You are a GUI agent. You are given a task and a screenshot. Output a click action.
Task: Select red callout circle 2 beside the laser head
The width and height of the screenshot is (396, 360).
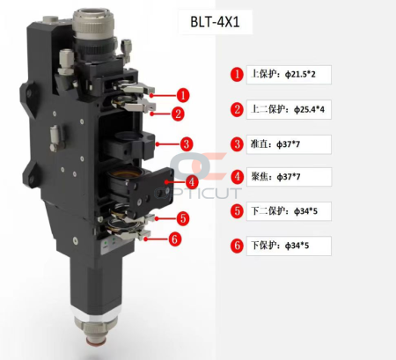pos(178,114)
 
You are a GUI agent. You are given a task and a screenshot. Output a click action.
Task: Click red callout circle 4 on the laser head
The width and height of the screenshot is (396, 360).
pos(190,182)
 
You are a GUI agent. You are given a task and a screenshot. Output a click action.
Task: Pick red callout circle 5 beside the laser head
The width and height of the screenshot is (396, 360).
pos(181,217)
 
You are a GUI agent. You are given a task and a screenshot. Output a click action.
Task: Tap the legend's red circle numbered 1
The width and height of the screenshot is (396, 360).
pos(237,75)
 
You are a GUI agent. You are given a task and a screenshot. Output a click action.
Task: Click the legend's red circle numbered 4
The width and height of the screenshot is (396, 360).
pos(237,177)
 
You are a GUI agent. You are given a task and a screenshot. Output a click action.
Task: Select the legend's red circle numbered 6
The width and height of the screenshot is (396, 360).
pos(237,246)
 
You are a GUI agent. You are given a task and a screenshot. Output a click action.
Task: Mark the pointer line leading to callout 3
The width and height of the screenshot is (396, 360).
pos(167,143)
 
